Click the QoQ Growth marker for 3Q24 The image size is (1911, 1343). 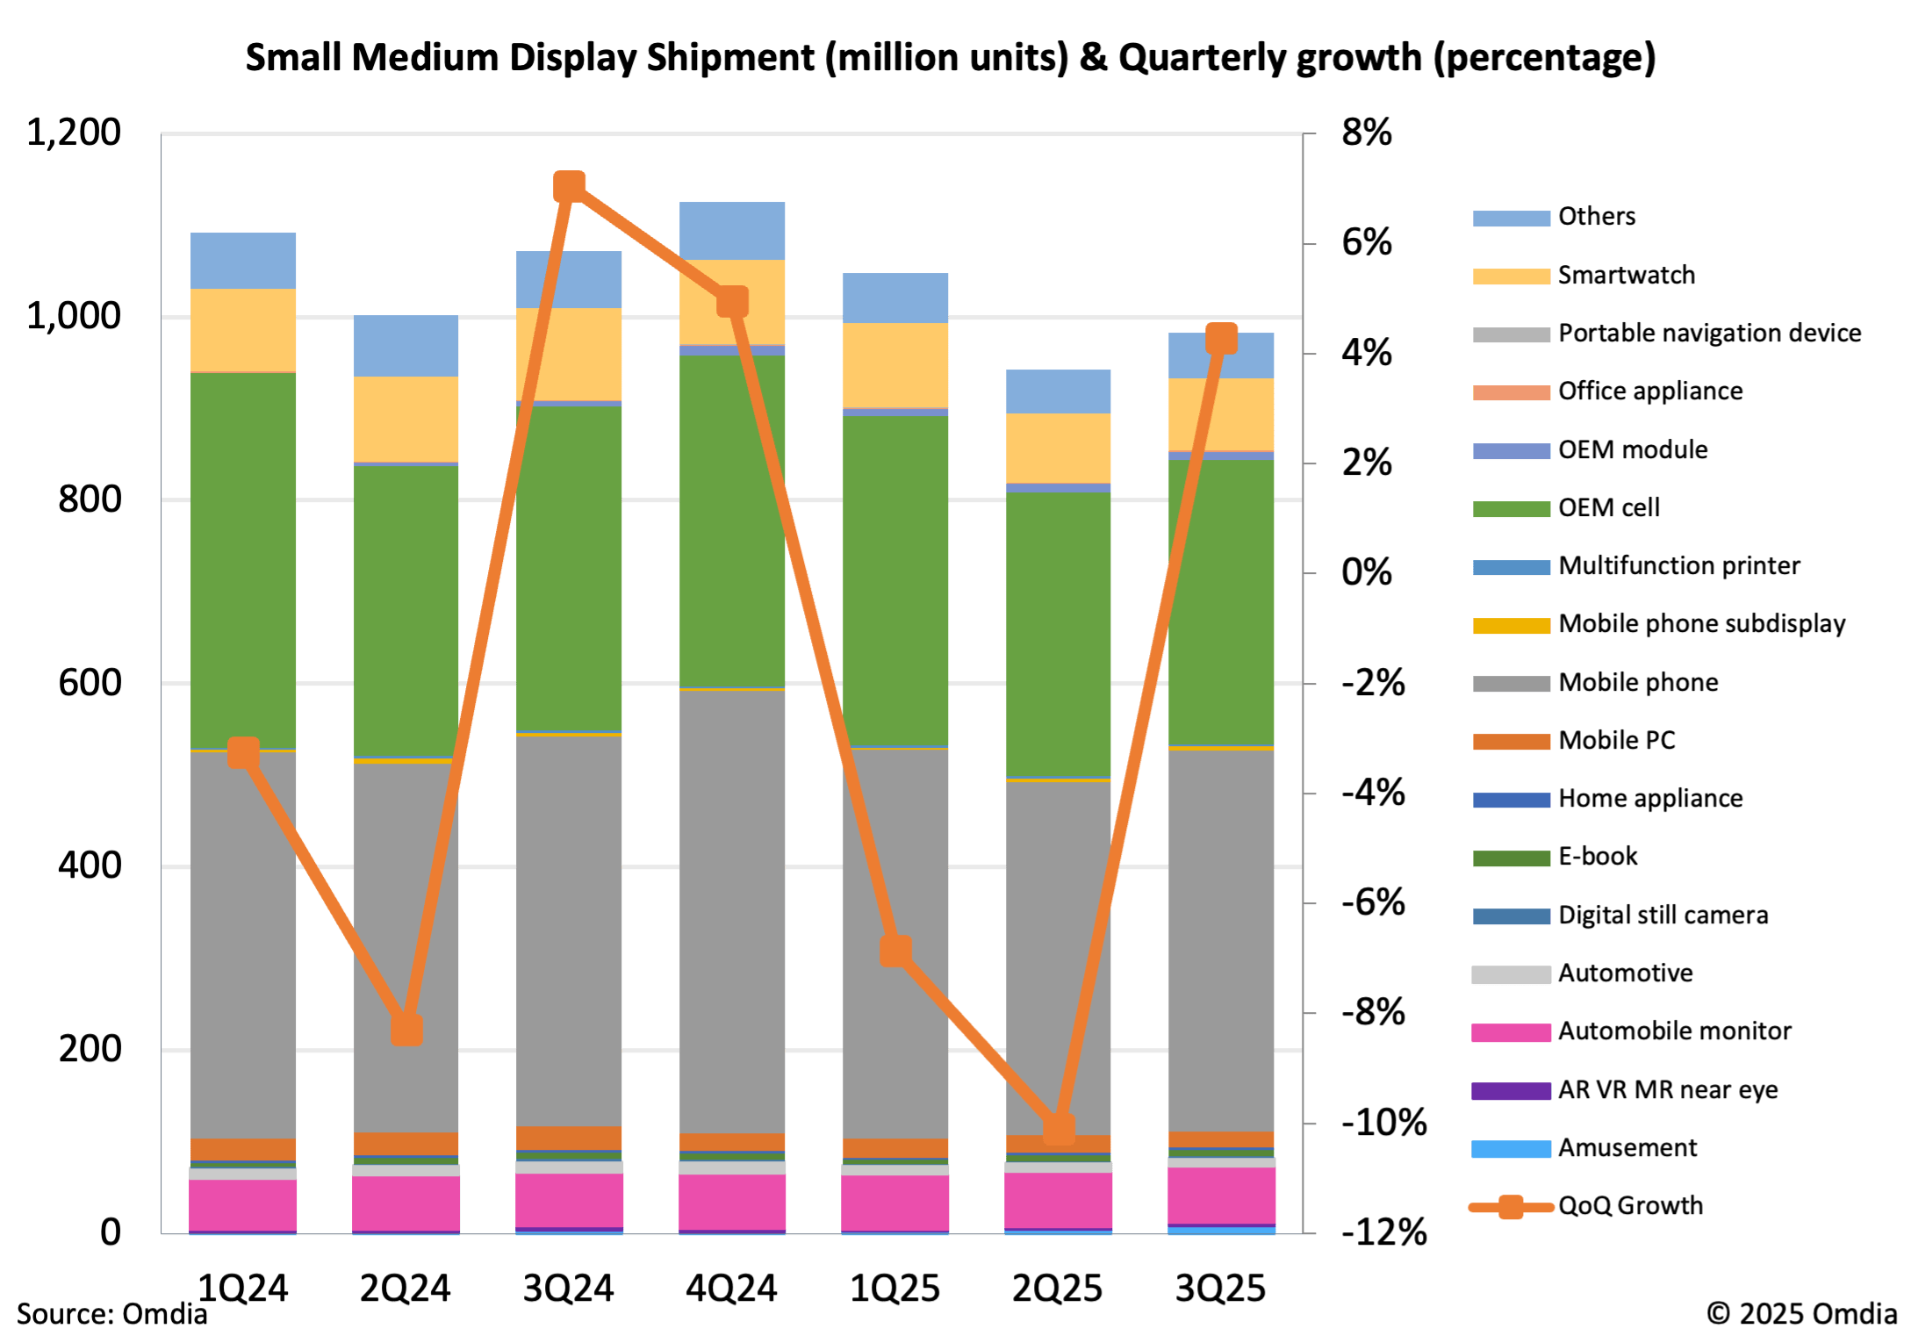tap(570, 187)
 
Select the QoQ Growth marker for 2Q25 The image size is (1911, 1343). tap(1060, 1129)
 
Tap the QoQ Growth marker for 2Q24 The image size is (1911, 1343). tap(406, 1030)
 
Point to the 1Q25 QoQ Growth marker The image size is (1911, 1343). tap(896, 951)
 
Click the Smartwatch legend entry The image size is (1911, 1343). tap(1626, 276)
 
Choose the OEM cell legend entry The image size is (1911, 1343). tap(1608, 508)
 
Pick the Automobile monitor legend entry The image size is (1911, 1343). tap(1673, 1031)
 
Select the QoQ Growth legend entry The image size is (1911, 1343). tap(1629, 1206)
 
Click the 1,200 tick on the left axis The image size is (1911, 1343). tap(74, 133)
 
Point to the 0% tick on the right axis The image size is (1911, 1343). tap(1366, 573)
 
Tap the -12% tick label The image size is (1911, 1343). tap(1383, 1233)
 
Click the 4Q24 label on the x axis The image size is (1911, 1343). tap(731, 1289)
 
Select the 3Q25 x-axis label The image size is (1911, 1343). tap(1221, 1289)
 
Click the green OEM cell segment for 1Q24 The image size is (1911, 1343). tap(243, 562)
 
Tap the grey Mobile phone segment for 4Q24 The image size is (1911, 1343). tap(732, 913)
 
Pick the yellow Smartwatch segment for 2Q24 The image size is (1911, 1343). tap(406, 419)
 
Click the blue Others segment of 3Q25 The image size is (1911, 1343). tap(1222, 355)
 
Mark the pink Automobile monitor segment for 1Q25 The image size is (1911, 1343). tap(896, 1203)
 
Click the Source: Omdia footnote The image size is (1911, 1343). tap(112, 1314)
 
